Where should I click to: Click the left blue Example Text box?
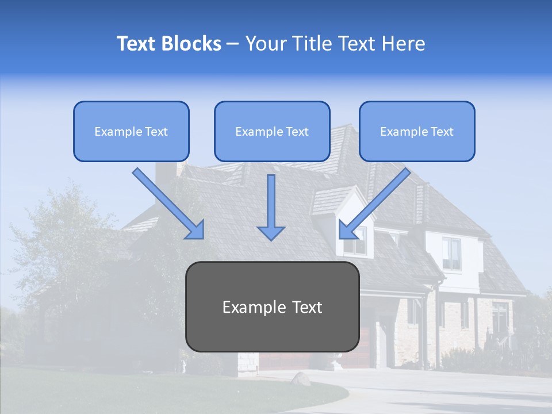tap(131, 131)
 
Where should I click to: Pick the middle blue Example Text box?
tap(272, 131)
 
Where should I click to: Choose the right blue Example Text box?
tap(417, 131)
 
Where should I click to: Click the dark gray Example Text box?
tap(272, 306)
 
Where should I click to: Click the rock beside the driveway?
tap(300, 378)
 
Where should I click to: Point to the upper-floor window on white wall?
tap(451, 253)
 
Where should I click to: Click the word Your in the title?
tap(263, 44)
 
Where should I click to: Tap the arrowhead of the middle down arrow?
tap(271, 232)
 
